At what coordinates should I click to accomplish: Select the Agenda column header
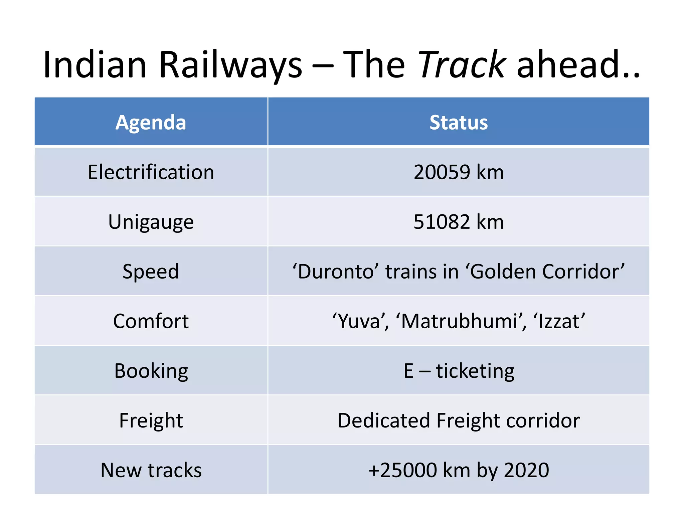tap(151, 122)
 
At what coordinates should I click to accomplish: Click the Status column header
tap(458, 122)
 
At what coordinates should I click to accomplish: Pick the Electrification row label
tap(151, 172)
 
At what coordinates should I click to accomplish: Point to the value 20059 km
tap(458, 172)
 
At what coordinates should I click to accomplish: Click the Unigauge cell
tap(151, 222)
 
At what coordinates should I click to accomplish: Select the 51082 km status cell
tap(458, 222)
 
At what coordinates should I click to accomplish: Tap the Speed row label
tap(151, 271)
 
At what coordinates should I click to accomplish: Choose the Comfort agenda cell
tap(151, 321)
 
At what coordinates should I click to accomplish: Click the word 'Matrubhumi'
tap(461, 321)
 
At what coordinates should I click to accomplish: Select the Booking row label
tap(151, 371)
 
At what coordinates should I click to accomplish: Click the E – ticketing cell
tap(458, 371)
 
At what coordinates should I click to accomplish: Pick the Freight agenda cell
tap(151, 420)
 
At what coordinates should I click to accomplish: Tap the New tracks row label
tap(151, 470)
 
